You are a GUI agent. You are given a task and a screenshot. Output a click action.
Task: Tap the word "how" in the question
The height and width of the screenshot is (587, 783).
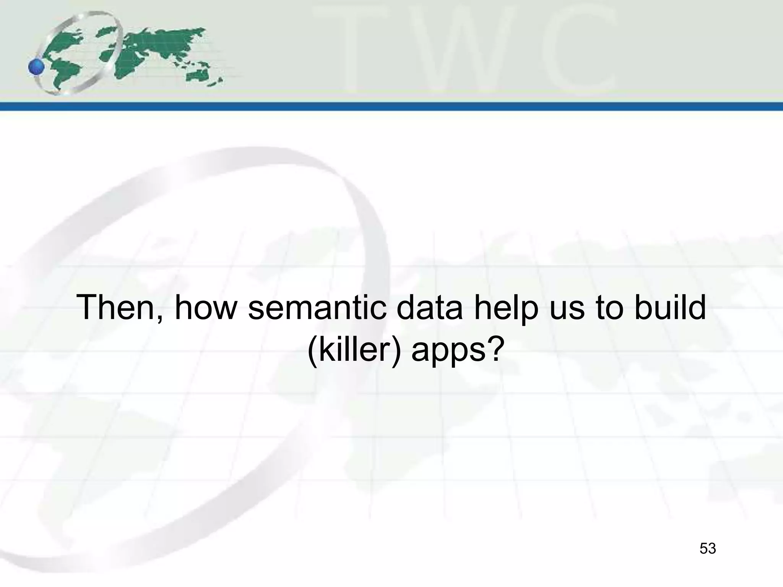[x=206, y=308]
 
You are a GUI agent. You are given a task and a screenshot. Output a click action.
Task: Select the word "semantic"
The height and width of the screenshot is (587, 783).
[x=317, y=308]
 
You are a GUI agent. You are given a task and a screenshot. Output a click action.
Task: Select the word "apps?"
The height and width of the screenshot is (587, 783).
[x=455, y=352]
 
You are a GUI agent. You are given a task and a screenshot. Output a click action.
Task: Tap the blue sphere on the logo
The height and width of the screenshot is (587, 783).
[x=36, y=68]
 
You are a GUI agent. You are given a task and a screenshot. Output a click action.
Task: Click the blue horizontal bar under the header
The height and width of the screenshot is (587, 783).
[x=391, y=106]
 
